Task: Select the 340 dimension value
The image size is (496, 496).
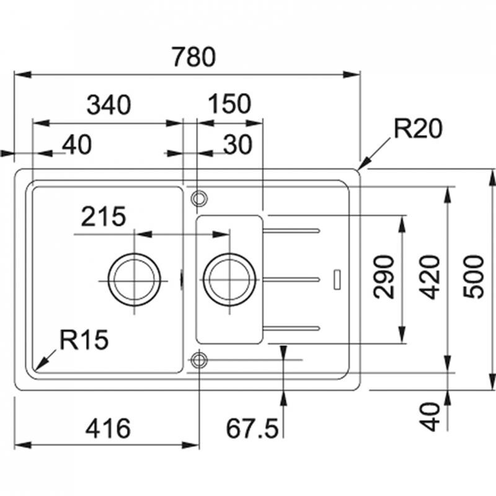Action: [108, 105]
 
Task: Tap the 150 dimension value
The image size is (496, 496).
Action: [229, 105]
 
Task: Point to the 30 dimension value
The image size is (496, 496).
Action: [237, 145]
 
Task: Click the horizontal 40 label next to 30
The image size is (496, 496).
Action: [77, 145]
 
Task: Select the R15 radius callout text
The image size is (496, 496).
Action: [84, 339]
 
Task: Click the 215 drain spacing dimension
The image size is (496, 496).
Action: [102, 217]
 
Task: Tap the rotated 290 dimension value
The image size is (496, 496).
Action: [385, 277]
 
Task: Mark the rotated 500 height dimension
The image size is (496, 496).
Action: [474, 277]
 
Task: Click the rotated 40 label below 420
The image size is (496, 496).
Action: [433, 416]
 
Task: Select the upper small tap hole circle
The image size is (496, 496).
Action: [199, 198]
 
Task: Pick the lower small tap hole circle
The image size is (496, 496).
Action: [199, 360]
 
